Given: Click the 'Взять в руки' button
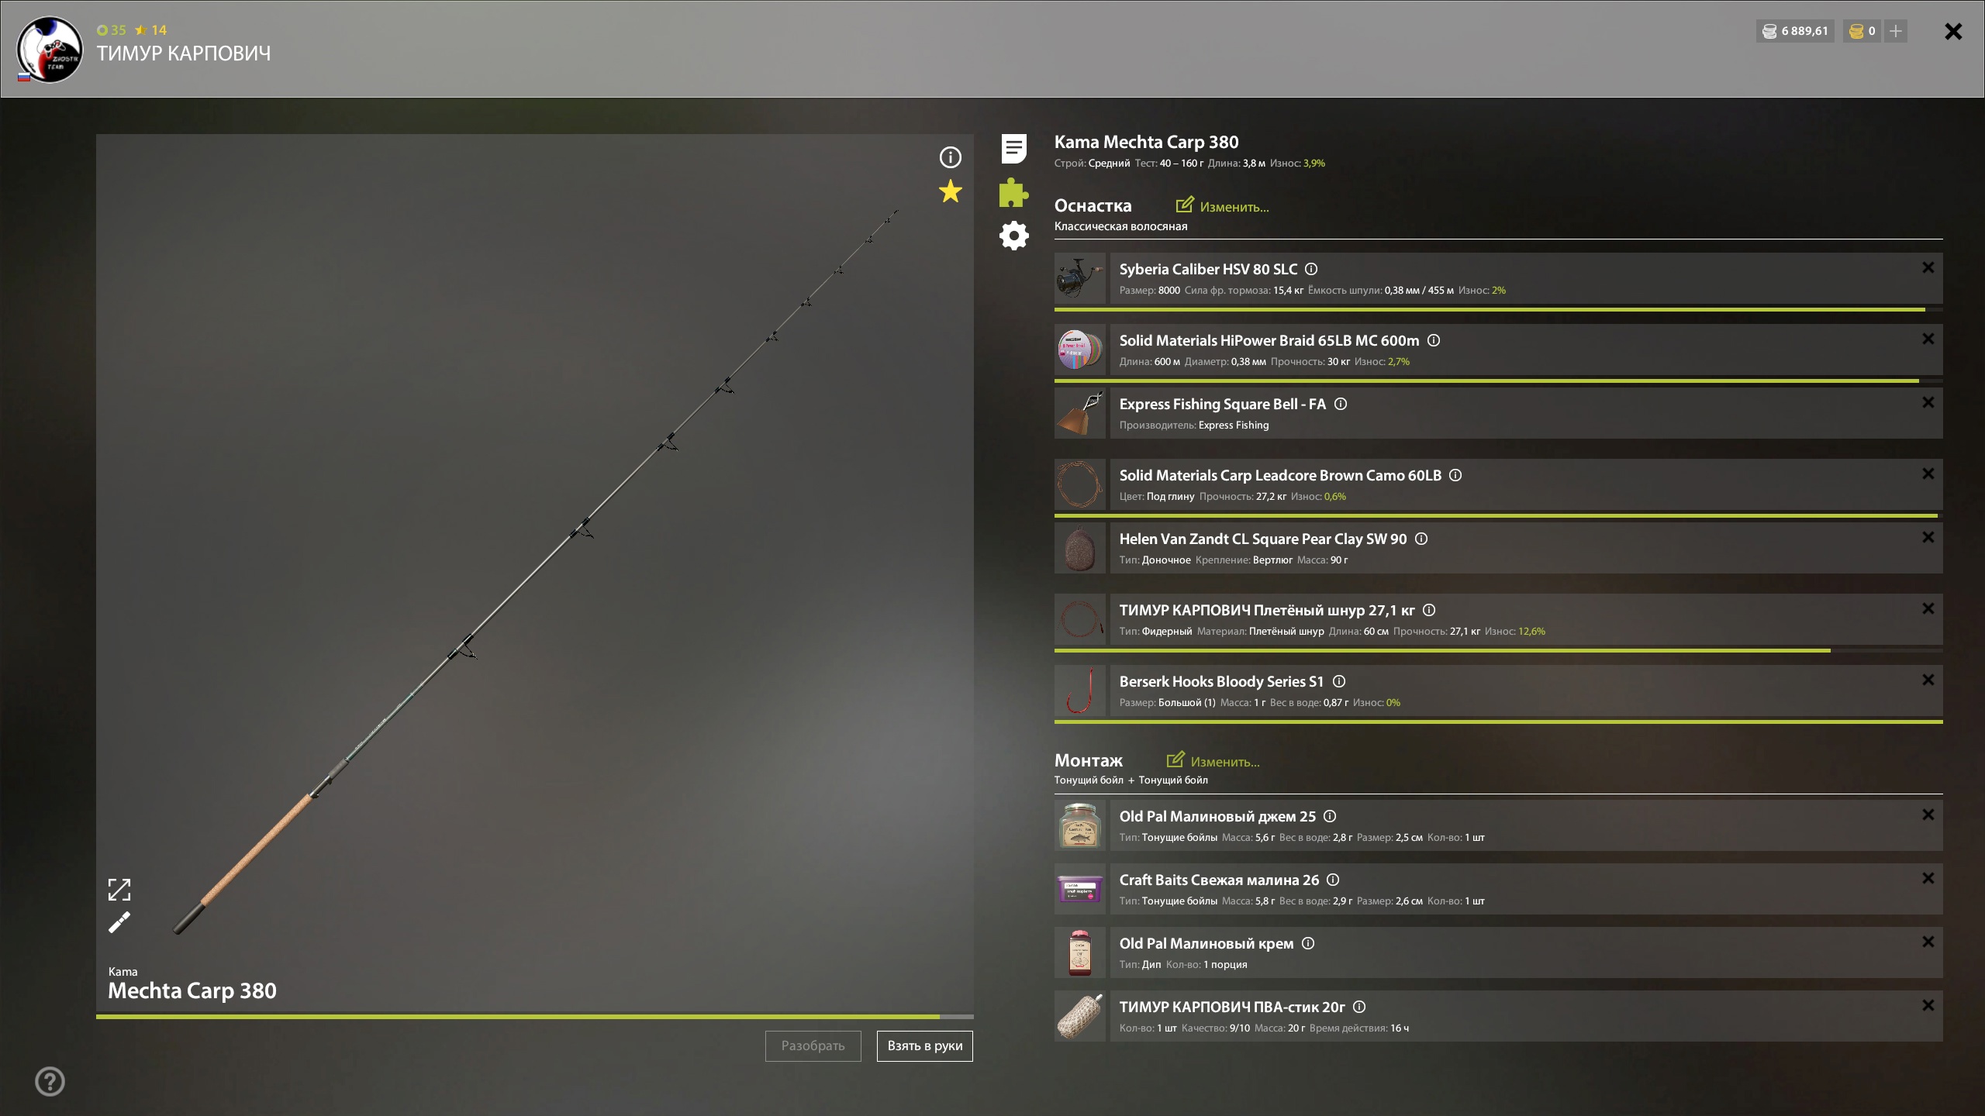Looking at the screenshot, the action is [924, 1045].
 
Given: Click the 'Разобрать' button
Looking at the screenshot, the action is [813, 1045].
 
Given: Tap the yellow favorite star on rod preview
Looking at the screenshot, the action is [950, 191].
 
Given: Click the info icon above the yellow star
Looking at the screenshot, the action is [950, 157].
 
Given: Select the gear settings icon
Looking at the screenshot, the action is [1013, 236].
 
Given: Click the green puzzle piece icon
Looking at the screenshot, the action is [1013, 192].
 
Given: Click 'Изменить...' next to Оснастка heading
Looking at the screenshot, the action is [1222, 206].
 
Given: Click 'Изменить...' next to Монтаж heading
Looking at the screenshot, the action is [1213, 761].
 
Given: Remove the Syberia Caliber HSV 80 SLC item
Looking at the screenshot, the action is [1928, 267].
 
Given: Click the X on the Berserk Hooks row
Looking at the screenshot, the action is [1928, 680].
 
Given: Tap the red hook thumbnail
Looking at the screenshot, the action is [1080, 690].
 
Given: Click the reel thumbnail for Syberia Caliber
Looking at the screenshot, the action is [1080, 277].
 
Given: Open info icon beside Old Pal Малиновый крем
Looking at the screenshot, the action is [1308, 943].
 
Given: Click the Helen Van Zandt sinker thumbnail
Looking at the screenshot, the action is [1080, 547].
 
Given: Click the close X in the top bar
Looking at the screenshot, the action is [1953, 31].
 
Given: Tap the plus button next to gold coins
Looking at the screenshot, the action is [1896, 31].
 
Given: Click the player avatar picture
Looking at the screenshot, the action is [50, 49].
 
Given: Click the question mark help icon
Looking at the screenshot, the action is [50, 1081].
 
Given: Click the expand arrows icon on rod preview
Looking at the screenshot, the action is [119, 890].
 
